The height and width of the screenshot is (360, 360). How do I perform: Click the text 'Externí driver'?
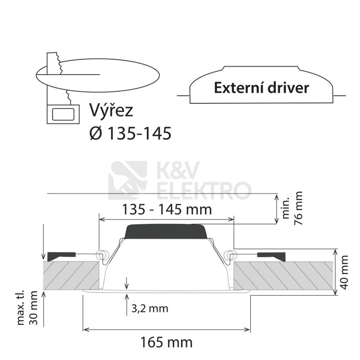tap(261, 88)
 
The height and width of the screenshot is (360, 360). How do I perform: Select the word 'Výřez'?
tap(111, 110)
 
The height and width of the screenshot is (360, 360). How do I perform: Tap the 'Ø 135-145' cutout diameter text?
tap(130, 133)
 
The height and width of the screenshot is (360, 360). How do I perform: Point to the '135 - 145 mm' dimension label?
tap(166, 209)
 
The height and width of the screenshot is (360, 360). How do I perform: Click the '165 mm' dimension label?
tap(166, 342)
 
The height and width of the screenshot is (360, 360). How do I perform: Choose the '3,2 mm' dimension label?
tap(150, 309)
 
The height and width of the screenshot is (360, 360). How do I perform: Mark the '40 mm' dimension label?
tap(345, 272)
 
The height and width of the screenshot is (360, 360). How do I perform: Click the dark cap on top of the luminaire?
tap(166, 232)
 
